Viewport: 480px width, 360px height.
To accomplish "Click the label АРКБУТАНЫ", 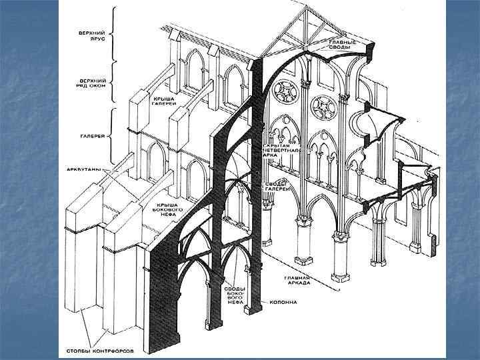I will coord(87,170).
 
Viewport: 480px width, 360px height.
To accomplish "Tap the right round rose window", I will coord(325,105).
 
